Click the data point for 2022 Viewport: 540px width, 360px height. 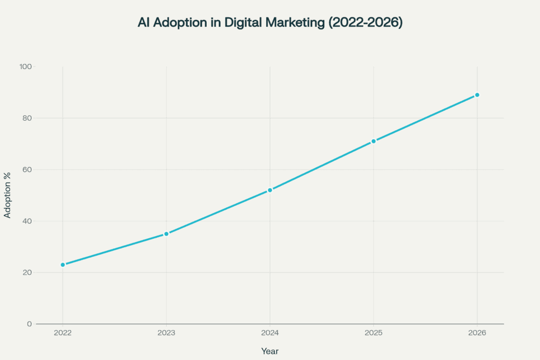63,265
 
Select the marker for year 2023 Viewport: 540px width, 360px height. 166,233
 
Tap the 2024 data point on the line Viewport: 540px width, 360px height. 270,190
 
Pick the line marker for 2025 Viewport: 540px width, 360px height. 373,141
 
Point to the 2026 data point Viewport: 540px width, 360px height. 477,95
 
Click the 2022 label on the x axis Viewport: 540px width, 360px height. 63,334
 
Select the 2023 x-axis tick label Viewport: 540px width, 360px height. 166,334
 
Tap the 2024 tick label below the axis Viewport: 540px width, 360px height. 270,334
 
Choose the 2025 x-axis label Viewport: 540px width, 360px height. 373,334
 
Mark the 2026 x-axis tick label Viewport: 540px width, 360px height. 477,334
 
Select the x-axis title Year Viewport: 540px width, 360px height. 270,351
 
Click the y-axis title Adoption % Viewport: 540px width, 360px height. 8,195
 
